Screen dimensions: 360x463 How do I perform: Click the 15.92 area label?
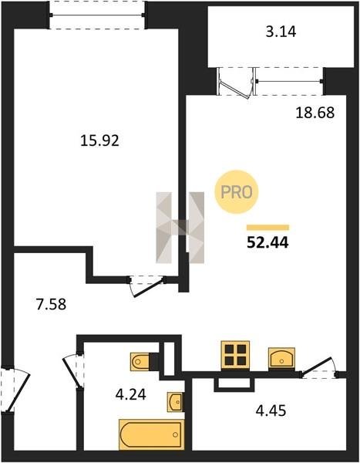click(x=99, y=140)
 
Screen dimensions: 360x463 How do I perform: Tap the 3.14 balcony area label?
click(x=281, y=32)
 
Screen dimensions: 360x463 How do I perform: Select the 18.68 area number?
click(x=315, y=113)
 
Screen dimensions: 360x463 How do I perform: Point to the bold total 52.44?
click(x=267, y=243)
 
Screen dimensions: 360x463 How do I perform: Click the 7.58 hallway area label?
click(x=51, y=305)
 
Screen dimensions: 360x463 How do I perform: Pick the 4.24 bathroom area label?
click(x=131, y=394)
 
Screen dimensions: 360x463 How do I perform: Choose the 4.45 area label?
click(x=271, y=411)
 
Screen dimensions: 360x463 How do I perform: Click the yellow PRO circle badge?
click(x=237, y=192)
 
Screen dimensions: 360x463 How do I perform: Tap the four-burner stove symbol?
click(x=235, y=355)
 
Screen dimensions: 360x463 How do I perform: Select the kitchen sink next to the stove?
click(x=281, y=358)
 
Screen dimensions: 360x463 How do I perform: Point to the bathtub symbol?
click(x=152, y=434)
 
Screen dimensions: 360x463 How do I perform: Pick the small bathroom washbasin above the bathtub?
click(x=175, y=401)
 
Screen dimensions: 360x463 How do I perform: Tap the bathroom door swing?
click(x=72, y=370)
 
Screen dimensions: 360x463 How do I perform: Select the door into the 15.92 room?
click(x=146, y=286)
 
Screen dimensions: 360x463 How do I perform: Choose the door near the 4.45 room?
click(x=319, y=368)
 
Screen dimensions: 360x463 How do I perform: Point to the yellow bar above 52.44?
click(x=268, y=227)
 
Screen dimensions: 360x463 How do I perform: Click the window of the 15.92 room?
click(x=97, y=15)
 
